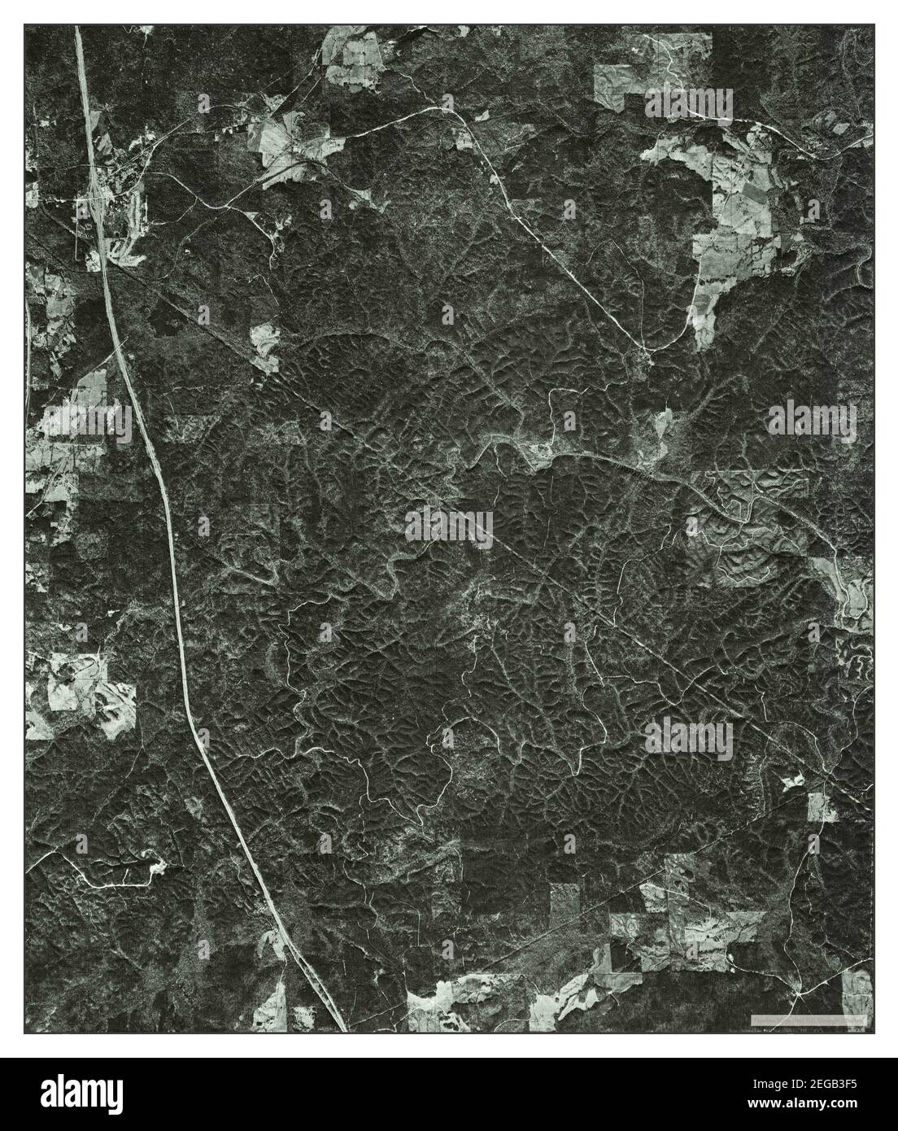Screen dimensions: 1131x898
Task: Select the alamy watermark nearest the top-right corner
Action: (689, 104)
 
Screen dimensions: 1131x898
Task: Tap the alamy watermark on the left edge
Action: (86, 421)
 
